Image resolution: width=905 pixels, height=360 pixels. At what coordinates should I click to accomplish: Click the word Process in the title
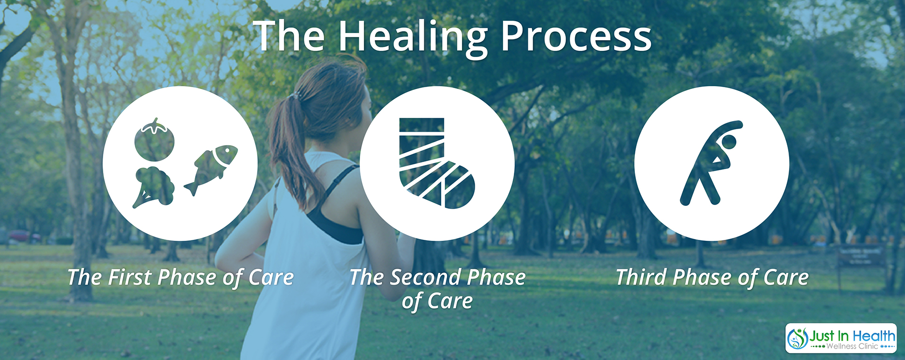[x=576, y=36]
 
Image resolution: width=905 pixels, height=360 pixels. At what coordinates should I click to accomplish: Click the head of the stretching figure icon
[x=729, y=142]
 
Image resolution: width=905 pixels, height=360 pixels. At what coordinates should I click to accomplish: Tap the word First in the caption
[x=130, y=277]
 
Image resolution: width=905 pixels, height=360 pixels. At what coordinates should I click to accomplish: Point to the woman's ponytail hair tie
[x=296, y=96]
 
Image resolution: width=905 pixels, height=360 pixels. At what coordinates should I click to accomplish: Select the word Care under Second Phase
[x=450, y=301]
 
